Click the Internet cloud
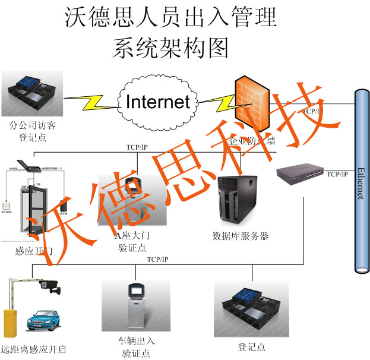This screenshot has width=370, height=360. [x=157, y=102]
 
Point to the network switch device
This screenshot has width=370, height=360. [x=301, y=174]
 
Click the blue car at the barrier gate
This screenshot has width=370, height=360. [x=43, y=321]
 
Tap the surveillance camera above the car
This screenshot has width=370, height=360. [x=49, y=286]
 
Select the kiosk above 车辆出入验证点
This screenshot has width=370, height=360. [x=137, y=307]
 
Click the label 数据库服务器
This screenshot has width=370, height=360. [x=241, y=236]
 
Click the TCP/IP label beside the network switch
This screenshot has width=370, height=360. [x=337, y=174]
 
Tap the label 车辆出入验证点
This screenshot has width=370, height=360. [x=137, y=347]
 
